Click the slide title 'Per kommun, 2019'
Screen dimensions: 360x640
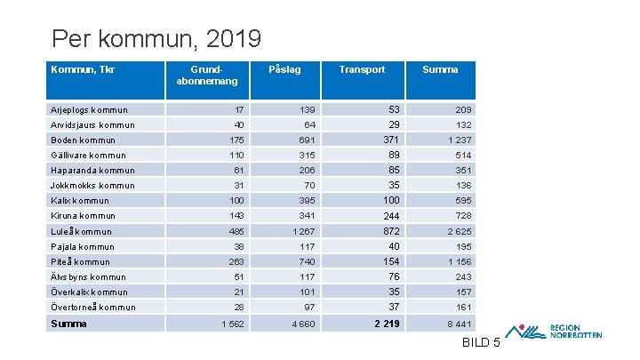pyautogui.click(x=156, y=39)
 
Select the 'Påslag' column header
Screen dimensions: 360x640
pyautogui.click(x=284, y=69)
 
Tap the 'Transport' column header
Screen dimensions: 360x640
pyautogui.click(x=362, y=69)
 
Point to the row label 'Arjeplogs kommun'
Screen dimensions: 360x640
pyautogui.click(x=89, y=110)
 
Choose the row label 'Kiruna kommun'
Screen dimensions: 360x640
pyautogui.click(x=83, y=216)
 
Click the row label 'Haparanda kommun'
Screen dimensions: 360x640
pyautogui.click(x=92, y=171)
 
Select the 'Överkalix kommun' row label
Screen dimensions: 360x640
pyautogui.click(x=89, y=292)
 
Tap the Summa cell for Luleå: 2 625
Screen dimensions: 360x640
pyautogui.click(x=460, y=231)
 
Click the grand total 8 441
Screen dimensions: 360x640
pyautogui.click(x=459, y=324)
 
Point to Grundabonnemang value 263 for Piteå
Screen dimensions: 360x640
pyautogui.click(x=236, y=261)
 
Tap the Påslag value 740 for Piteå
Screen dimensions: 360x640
pyautogui.click(x=307, y=261)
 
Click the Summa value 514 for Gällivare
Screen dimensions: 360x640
pyautogui.click(x=463, y=156)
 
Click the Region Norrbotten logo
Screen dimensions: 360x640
pyautogui.click(x=560, y=331)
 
